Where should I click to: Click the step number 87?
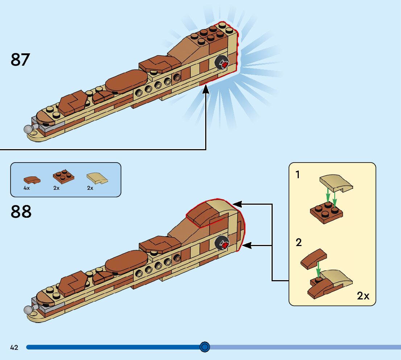pos(20,60)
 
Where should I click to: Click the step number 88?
pos(21,212)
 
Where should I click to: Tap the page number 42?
pos(14,347)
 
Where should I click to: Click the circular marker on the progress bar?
pos(205,347)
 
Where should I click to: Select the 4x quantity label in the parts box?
pos(26,188)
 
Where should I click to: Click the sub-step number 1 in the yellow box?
pos(298,175)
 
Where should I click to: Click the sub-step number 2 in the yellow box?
pos(298,242)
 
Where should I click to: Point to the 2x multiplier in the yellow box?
pos(363,296)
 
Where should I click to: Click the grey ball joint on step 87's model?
pos(28,129)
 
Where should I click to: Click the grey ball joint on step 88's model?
pos(28,310)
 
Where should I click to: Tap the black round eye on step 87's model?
pos(221,64)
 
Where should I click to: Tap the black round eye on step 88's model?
pos(221,244)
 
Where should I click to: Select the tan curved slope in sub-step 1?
pos(336,183)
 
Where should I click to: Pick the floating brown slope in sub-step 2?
pos(314,258)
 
